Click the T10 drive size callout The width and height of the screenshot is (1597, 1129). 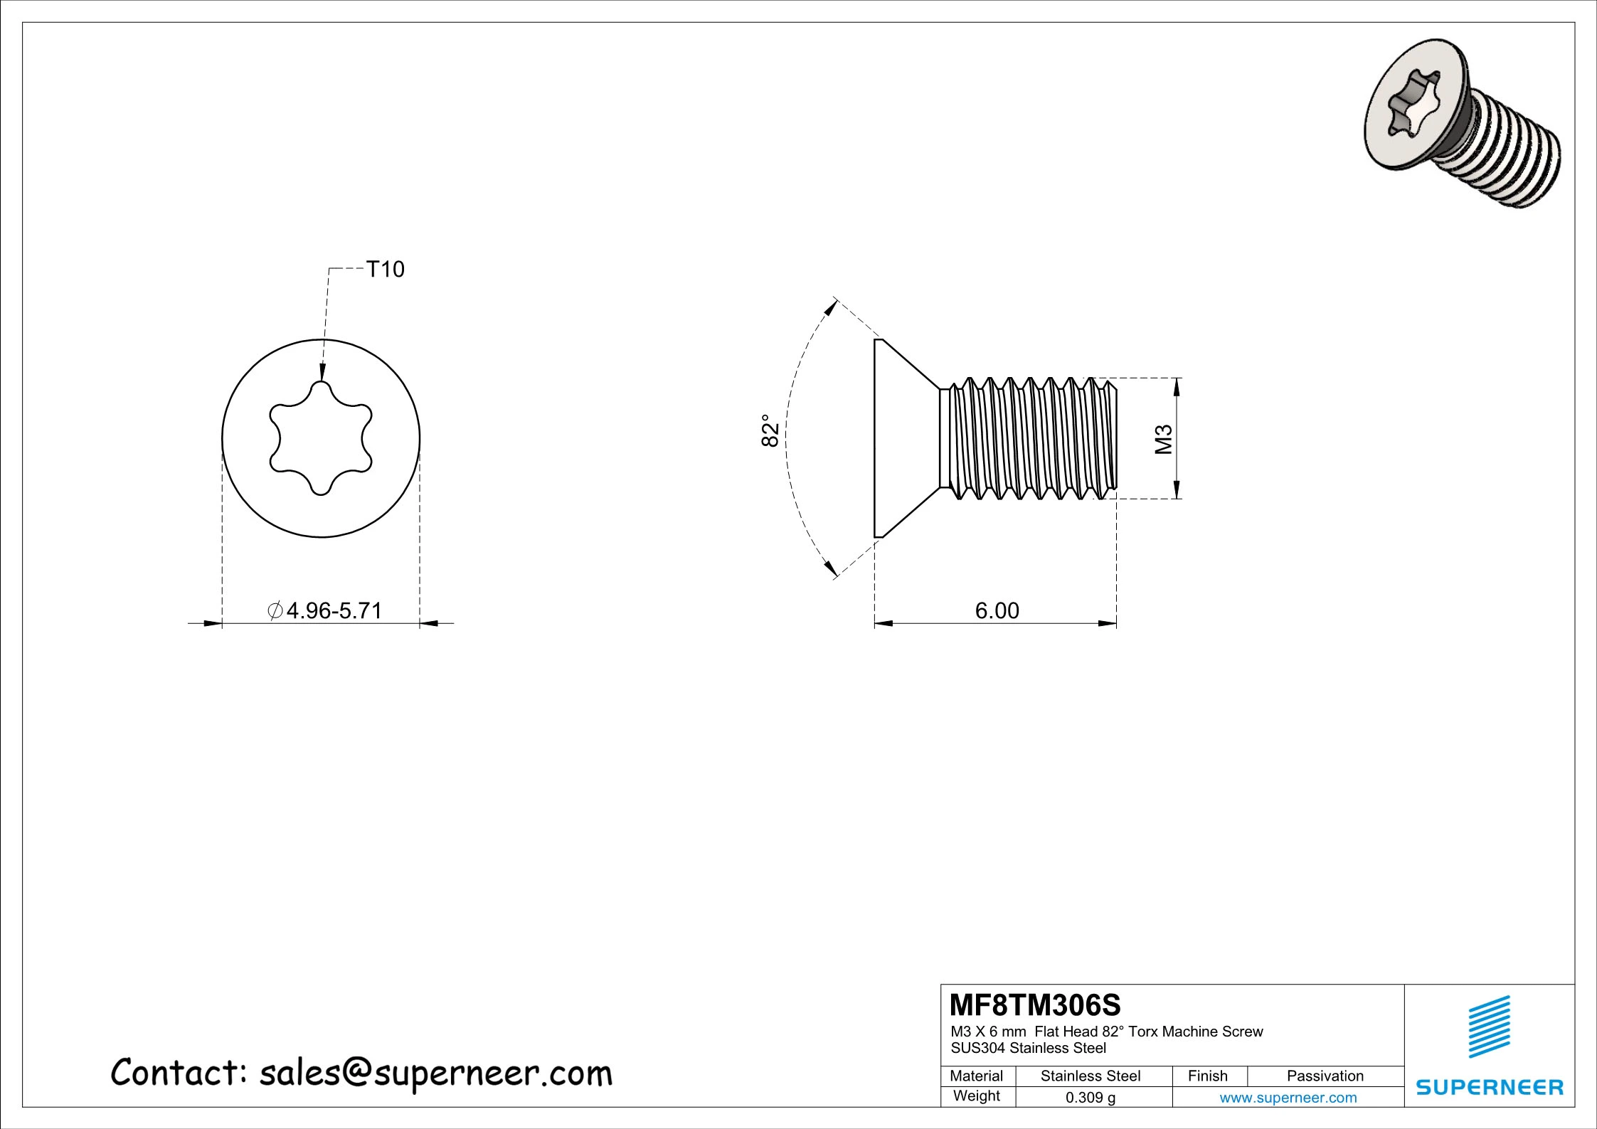[x=384, y=270]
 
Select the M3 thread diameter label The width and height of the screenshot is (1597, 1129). [x=1163, y=439]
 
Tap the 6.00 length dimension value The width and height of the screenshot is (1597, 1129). [x=996, y=610]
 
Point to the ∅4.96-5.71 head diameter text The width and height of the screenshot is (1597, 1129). [x=325, y=610]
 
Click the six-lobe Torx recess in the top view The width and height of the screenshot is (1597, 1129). [x=321, y=438]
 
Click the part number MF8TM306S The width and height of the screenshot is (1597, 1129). [x=1035, y=1005]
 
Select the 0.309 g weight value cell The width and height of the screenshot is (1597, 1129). [x=1090, y=1098]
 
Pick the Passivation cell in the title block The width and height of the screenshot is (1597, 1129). [x=1325, y=1076]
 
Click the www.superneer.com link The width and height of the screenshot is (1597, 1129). [x=1288, y=1098]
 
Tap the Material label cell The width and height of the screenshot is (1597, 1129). [x=976, y=1076]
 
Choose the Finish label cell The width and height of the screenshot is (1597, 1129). [x=1207, y=1076]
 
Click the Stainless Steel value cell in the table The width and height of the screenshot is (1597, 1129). [x=1090, y=1076]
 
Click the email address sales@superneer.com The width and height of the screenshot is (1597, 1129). [x=435, y=1074]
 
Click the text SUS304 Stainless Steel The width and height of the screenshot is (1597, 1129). [x=1028, y=1048]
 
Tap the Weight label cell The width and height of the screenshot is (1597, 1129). [x=976, y=1096]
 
